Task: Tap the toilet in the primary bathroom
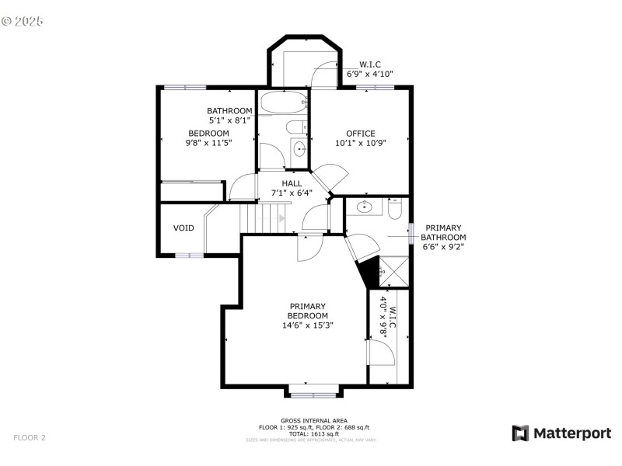(393, 209)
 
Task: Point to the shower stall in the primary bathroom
(395, 273)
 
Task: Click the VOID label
(183, 228)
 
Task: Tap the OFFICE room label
(360, 134)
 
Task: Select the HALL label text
(292, 183)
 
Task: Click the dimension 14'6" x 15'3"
(308, 325)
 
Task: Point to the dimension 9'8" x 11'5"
(208, 143)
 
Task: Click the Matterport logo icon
(519, 433)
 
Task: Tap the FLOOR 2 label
(30, 438)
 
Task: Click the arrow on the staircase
(281, 219)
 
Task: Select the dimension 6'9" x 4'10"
(369, 74)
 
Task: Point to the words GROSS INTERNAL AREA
(313, 420)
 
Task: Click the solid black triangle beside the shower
(369, 271)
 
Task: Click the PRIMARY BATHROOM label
(444, 237)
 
